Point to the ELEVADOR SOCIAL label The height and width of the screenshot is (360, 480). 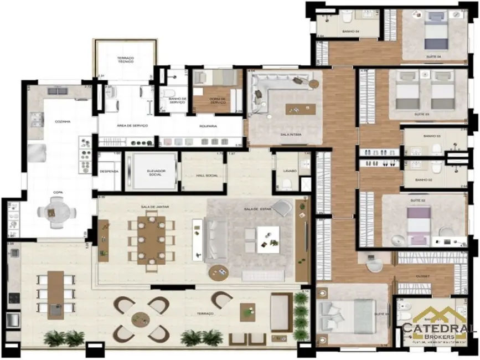tap(151, 172)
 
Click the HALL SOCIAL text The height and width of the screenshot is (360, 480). tap(204, 175)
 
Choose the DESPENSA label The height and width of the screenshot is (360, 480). tap(109, 172)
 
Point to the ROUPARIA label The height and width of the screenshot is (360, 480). tap(208, 126)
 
